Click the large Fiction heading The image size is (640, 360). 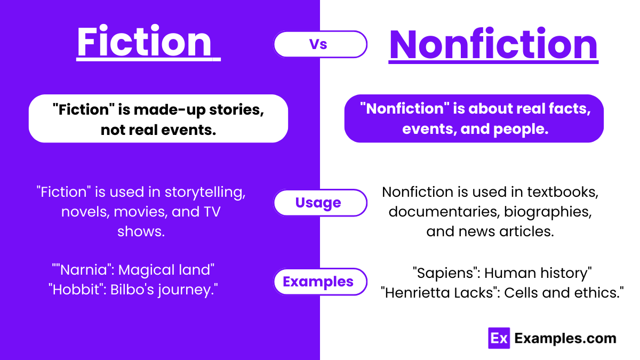pos(145,43)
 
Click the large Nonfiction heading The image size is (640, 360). pos(493,45)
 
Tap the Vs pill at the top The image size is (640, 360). pos(320,44)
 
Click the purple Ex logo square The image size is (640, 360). pos(499,338)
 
